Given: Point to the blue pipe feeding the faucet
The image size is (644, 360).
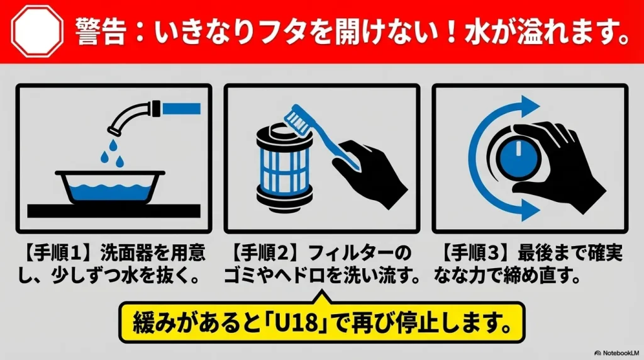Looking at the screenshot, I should [181, 108].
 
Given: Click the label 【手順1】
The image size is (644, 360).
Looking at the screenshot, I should [57, 255].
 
